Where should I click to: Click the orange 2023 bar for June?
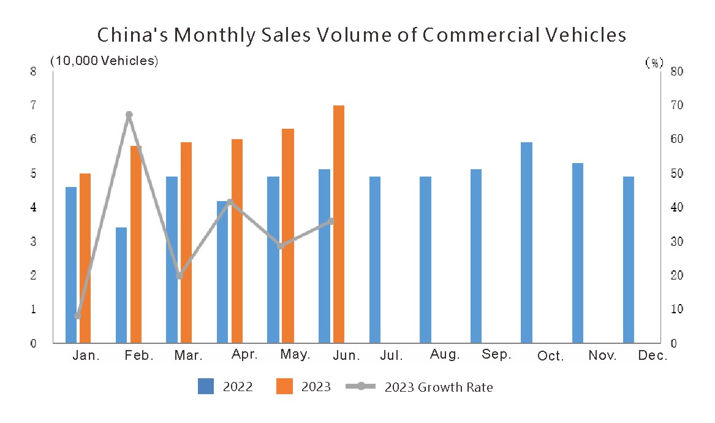339,224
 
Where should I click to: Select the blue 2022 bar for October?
526,242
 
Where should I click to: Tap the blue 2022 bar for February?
121,285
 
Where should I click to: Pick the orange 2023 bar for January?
85,258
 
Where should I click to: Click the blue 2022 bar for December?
629,259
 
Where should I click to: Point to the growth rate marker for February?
129,115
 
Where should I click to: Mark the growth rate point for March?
180,276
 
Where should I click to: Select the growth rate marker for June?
331,221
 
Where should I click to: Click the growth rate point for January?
78,316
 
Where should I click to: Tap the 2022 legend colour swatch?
206,386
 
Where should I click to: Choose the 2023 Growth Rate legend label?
439,387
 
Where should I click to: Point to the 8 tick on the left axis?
33,71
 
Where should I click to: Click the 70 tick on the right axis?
676,105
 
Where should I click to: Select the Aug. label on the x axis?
445,355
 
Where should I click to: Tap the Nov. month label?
602,356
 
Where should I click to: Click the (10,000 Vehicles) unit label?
104,61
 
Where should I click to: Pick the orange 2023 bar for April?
237,241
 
